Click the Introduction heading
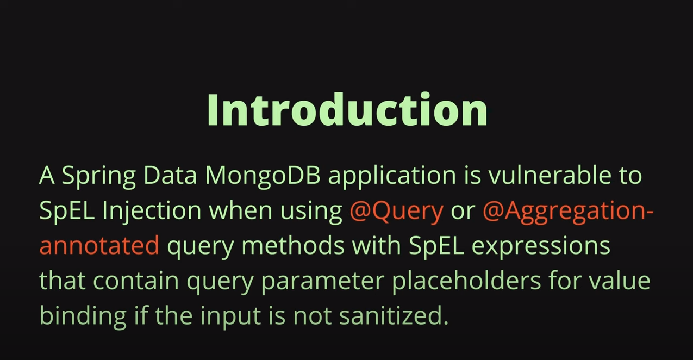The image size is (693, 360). coord(347,110)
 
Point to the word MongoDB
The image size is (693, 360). coord(265,175)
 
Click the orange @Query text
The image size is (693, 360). coord(396,212)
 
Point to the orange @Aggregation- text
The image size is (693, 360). coord(567,212)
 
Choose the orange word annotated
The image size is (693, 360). coord(99,246)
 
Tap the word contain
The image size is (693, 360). coord(136,281)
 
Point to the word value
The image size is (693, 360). coord(620,281)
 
